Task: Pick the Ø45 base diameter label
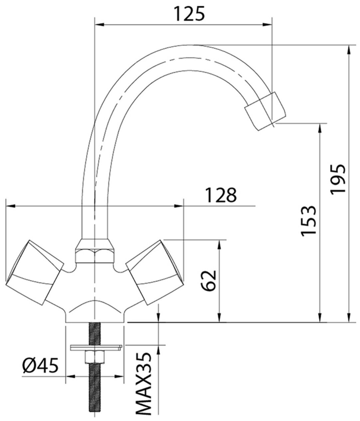[40, 365]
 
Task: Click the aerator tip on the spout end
[265, 111]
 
